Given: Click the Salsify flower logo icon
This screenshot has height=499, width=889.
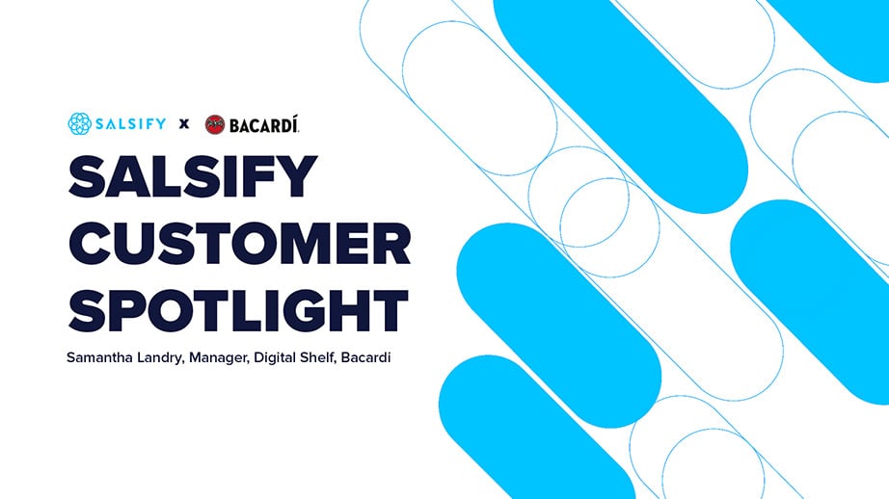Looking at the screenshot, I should click(x=79, y=123).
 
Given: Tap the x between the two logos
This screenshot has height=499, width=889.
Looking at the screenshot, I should click(x=184, y=124).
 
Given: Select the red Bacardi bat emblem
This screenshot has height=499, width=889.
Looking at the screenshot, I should click(x=215, y=124).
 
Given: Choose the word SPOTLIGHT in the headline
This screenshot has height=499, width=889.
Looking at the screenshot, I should click(x=238, y=310).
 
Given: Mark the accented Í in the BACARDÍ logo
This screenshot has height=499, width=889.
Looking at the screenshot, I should click(x=295, y=123).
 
